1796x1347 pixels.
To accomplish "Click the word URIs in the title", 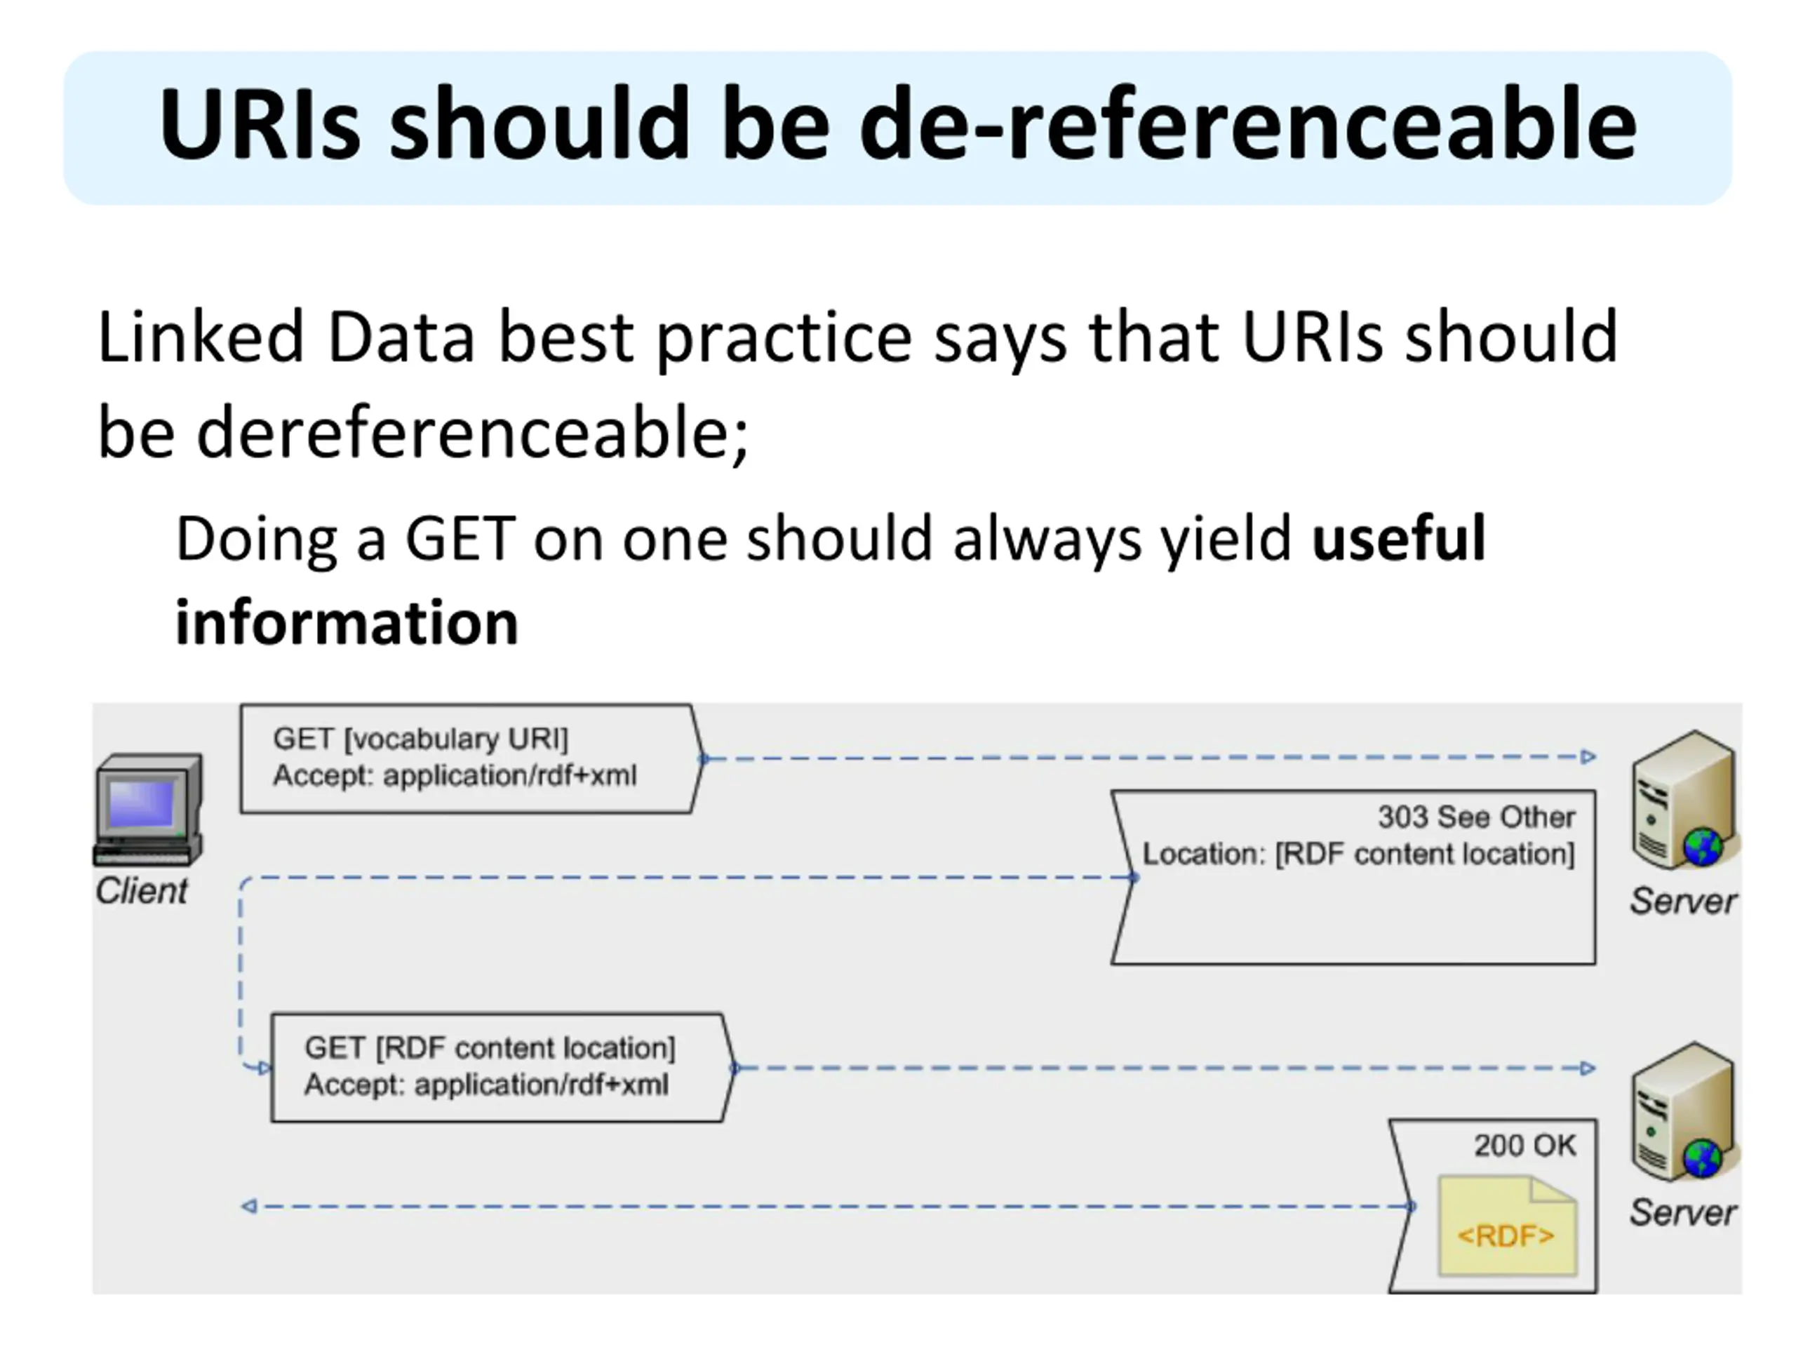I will click(260, 126).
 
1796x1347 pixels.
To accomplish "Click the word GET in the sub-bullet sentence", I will click(460, 538).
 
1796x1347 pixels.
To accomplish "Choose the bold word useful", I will click(1398, 538).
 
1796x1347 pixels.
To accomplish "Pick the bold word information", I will click(347, 623).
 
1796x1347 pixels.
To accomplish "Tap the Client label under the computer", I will click(142, 892).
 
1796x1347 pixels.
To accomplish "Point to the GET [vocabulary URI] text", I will click(420, 739).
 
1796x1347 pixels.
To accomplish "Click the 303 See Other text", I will click(1475, 817).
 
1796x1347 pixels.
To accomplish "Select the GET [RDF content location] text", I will click(490, 1048).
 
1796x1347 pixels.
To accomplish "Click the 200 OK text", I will click(1524, 1146).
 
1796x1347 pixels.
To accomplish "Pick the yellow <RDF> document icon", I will click(1507, 1226).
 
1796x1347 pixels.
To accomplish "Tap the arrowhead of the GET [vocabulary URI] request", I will click(1588, 757).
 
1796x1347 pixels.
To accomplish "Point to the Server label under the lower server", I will click(1682, 1213).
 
